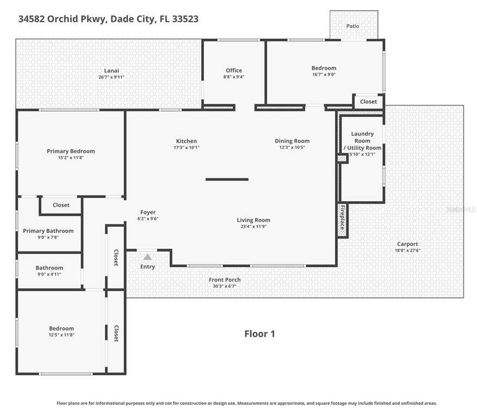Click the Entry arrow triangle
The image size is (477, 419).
(x=148, y=257)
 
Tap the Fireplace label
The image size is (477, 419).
(x=342, y=218)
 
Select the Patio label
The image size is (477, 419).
(x=353, y=26)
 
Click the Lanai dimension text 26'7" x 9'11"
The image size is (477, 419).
(x=111, y=77)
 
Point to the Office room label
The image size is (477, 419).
(x=234, y=70)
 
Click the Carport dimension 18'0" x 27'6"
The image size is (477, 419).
(x=407, y=250)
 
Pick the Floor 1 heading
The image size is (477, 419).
(x=259, y=334)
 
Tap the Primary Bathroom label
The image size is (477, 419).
(x=48, y=231)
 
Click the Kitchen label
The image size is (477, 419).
(x=186, y=141)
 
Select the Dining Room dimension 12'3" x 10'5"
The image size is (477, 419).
(x=292, y=147)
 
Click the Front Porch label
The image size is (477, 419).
(x=225, y=279)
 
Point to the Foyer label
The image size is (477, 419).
(x=148, y=212)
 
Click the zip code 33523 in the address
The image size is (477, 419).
(x=185, y=19)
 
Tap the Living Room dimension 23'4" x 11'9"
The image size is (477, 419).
(x=253, y=226)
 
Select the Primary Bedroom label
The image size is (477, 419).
(x=71, y=151)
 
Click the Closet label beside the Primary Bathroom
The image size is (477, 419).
(x=61, y=205)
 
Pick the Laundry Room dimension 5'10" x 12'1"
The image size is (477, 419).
(x=362, y=154)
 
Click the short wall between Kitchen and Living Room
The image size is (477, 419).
(x=227, y=179)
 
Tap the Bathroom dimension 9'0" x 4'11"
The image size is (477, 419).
(x=49, y=274)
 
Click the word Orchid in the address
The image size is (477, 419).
(x=63, y=19)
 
